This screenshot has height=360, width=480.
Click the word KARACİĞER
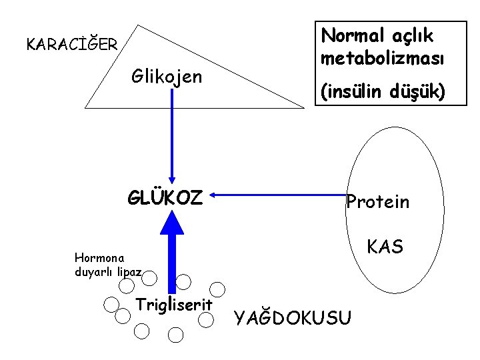(x=71, y=45)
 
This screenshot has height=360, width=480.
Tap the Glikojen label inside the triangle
(x=167, y=77)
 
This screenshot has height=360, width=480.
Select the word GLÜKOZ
(x=165, y=197)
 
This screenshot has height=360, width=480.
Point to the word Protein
(x=378, y=202)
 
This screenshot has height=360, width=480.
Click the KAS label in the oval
(x=385, y=247)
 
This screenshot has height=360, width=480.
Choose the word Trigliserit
(x=174, y=305)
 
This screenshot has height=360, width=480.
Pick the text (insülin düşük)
(x=383, y=92)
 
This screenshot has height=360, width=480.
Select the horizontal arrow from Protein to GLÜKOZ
(x=280, y=195)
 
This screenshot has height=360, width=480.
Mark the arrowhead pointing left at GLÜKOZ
(x=215, y=195)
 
